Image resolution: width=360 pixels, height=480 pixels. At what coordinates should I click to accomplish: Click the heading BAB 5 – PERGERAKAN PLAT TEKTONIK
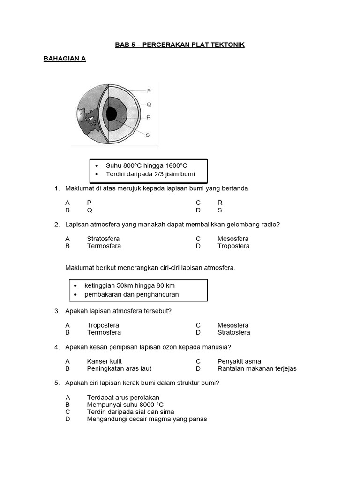[x=180, y=45]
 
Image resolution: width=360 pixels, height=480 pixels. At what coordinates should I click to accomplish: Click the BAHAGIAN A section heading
[x=65, y=59]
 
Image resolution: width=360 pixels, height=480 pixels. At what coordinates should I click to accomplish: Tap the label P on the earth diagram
[x=149, y=91]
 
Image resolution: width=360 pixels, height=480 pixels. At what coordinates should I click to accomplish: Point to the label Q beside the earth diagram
[x=149, y=105]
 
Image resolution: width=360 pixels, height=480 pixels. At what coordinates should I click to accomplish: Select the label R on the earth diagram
[x=149, y=118]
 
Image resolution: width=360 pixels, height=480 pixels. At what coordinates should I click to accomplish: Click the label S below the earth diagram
[x=148, y=135]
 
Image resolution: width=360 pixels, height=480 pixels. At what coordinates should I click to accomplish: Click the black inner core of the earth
[x=112, y=114]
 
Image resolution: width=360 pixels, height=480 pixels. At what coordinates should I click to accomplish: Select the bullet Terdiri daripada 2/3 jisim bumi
[x=150, y=174]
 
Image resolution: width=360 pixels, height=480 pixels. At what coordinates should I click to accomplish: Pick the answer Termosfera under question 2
[x=104, y=246]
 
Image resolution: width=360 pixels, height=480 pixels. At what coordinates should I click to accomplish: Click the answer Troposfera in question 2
[x=233, y=246]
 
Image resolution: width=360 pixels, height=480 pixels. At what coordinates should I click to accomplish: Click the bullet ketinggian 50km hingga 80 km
[x=129, y=285]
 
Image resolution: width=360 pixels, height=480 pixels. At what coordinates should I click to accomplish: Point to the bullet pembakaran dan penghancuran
[x=131, y=294]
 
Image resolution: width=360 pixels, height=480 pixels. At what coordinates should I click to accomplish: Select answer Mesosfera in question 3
[x=233, y=325]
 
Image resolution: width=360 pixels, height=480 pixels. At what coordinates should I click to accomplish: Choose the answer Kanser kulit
[x=104, y=361]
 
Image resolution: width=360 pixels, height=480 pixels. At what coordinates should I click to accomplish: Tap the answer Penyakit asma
[x=239, y=361]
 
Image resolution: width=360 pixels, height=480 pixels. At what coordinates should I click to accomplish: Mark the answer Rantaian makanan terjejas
[x=257, y=368]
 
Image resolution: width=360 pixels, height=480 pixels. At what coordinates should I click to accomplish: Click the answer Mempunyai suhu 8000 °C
[x=125, y=405]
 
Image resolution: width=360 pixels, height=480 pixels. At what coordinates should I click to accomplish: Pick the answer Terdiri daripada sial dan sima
[x=130, y=412]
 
